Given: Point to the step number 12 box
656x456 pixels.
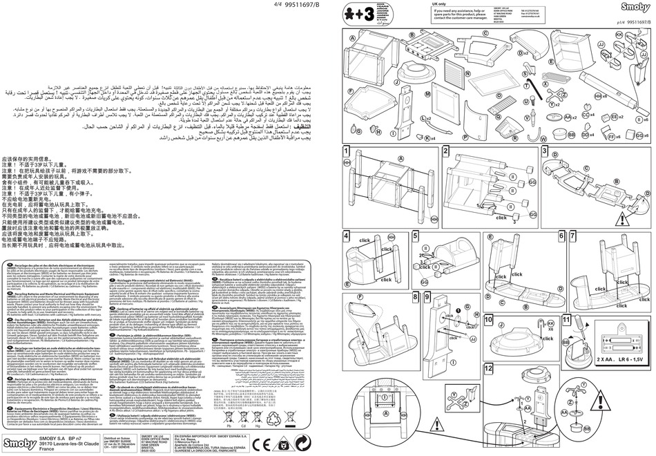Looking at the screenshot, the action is (x=430, y=368).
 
